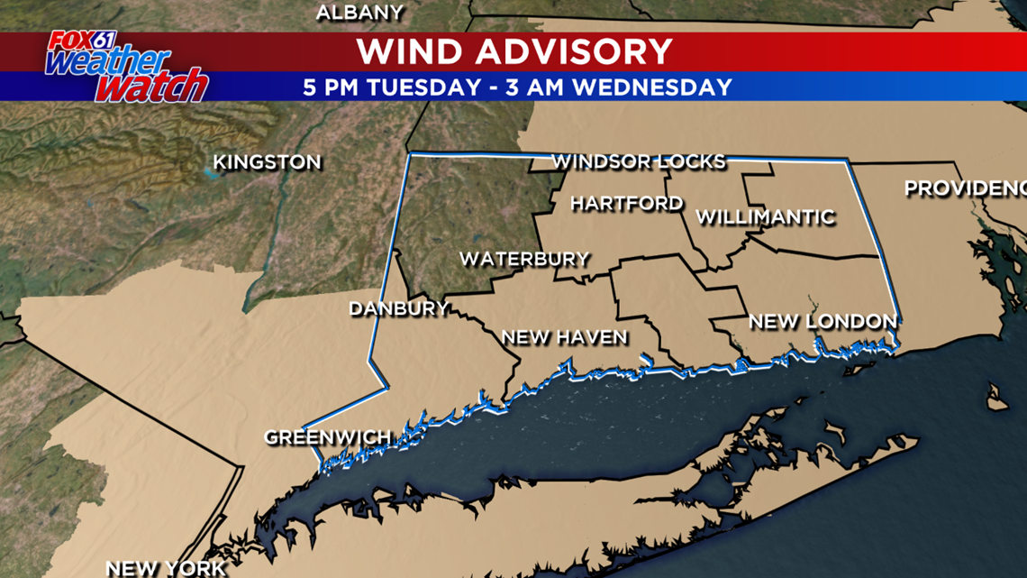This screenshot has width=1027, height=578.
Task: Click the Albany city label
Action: pyautogui.click(x=359, y=12)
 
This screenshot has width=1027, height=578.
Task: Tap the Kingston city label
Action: pyautogui.click(x=267, y=163)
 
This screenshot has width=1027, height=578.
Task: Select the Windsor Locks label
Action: pyautogui.click(x=638, y=162)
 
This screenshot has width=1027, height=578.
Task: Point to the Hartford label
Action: pyautogui.click(x=626, y=204)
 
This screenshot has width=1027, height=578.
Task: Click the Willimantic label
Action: pyautogui.click(x=765, y=217)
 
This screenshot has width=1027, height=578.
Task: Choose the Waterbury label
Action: pyautogui.click(x=524, y=260)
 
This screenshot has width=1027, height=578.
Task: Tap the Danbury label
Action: pyautogui.click(x=398, y=309)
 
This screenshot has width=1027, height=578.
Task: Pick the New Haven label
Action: pyautogui.click(x=564, y=337)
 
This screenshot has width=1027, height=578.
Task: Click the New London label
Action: pyautogui.click(x=823, y=321)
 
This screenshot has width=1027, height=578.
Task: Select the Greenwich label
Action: pyautogui.click(x=327, y=437)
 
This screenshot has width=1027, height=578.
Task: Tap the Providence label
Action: pyautogui.click(x=965, y=188)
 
